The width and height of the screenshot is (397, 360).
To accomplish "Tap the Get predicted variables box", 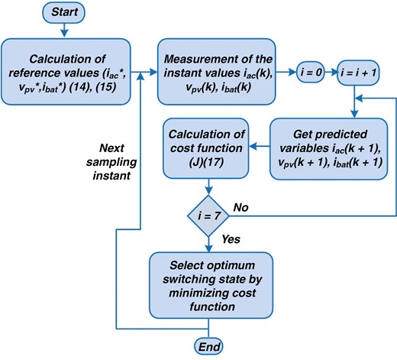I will coord(330,147).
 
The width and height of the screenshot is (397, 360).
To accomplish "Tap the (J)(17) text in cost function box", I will coord(208,160).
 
